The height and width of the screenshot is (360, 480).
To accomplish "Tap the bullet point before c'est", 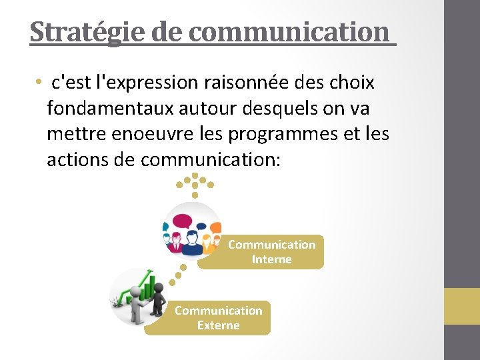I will (x=41, y=83).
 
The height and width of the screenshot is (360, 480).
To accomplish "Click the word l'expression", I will (x=147, y=83).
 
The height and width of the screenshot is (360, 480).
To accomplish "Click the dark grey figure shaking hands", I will (x=157, y=299).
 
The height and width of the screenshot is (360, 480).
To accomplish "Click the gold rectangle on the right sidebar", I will (x=462, y=306).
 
